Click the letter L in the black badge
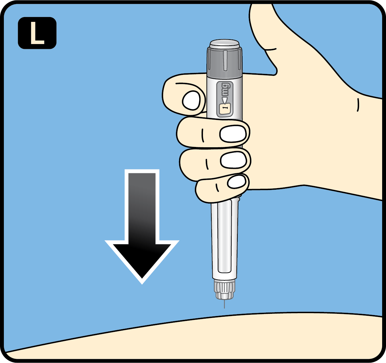point(37,33)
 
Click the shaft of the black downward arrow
point(142,206)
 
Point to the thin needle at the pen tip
point(224,304)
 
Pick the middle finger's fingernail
point(232,133)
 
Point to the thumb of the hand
point(262,29)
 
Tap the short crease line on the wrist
point(358,105)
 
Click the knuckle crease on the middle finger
point(203,135)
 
